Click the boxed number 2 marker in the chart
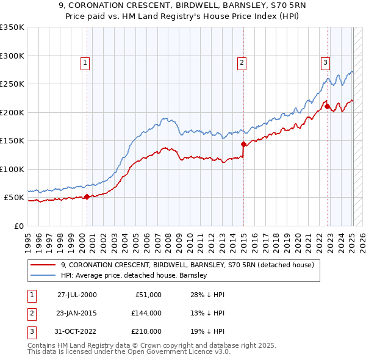coord(242,62)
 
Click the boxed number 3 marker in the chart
coord(326,62)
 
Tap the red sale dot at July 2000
coord(87,196)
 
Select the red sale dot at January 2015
coord(243,145)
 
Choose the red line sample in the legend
coord(43,265)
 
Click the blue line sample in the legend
coord(43,276)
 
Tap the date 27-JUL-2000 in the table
coord(77,295)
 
